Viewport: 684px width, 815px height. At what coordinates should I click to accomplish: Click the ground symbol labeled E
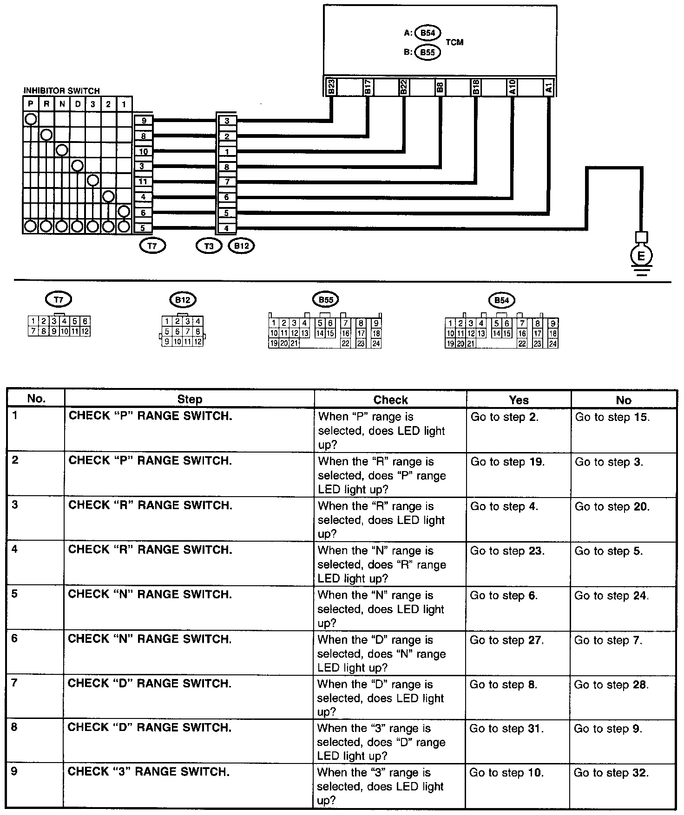point(641,256)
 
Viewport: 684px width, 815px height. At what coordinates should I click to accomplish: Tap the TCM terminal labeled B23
point(331,87)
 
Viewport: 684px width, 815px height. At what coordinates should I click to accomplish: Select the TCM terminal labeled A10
point(512,87)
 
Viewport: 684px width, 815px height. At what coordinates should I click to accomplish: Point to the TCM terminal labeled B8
point(440,87)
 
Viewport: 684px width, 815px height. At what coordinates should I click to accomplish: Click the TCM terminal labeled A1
point(549,87)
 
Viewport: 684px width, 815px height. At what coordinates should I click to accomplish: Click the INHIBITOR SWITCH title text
point(61,91)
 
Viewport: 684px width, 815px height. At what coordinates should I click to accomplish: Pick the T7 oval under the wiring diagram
point(152,246)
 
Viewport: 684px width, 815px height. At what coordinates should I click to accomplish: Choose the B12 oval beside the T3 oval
point(242,246)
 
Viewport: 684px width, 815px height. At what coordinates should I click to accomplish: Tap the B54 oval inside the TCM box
point(427,33)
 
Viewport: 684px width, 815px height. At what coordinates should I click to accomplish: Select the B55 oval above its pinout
point(326,300)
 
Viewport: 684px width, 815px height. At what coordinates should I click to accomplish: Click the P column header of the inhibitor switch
point(31,104)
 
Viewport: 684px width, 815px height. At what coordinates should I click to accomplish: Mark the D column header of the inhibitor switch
point(78,104)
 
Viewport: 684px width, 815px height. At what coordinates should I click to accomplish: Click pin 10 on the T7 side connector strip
point(143,151)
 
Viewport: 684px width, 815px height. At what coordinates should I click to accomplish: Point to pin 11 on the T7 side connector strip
point(143,181)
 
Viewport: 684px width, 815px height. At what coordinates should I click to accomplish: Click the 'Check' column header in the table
point(390,400)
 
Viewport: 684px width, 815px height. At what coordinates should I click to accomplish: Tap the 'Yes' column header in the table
point(519,400)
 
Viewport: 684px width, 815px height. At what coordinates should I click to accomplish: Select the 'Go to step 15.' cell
point(612,417)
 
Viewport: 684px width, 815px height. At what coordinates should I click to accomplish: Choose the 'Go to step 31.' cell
point(506,729)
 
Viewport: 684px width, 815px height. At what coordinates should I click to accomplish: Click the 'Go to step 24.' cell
point(612,595)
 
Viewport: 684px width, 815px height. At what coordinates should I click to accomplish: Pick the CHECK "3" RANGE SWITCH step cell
point(148,772)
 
